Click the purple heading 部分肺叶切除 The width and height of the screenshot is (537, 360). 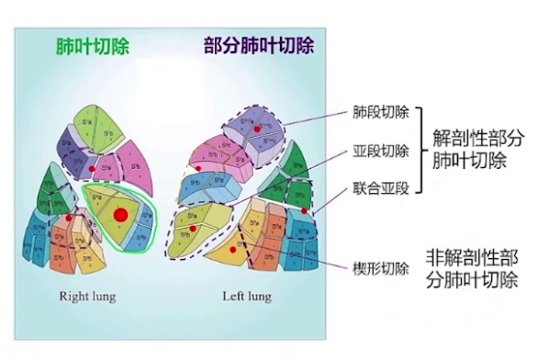(x=258, y=46)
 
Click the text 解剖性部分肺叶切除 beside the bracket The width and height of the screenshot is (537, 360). (x=478, y=150)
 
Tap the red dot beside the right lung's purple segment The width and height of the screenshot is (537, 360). (x=93, y=170)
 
